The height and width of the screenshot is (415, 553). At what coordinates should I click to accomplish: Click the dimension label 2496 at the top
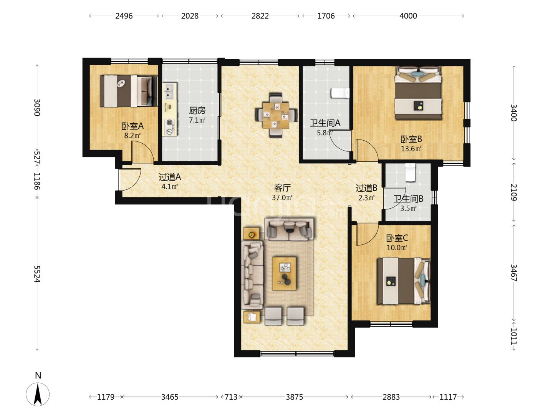pyautogui.click(x=124, y=16)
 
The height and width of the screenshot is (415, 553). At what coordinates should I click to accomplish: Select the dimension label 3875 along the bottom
pyautogui.click(x=294, y=397)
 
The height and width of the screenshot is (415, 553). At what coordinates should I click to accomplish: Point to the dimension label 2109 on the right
pyautogui.click(x=514, y=192)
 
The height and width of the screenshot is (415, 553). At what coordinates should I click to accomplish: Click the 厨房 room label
pyautogui.click(x=197, y=110)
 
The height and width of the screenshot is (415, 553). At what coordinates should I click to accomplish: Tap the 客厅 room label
pyautogui.click(x=282, y=188)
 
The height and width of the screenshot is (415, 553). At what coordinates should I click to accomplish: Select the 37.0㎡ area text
pyautogui.click(x=282, y=198)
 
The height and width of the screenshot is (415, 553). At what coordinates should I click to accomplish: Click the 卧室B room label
pyautogui.click(x=411, y=139)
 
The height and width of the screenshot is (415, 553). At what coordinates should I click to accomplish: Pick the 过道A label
pyautogui.click(x=170, y=177)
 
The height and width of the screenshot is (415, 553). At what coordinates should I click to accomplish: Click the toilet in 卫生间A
pyautogui.click(x=340, y=93)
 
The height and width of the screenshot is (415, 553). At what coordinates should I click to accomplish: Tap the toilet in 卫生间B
pyautogui.click(x=410, y=173)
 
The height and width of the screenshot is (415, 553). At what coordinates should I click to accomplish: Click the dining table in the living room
pyautogui.click(x=275, y=115)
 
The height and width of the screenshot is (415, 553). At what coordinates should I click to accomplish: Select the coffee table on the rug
pyautogui.click(x=284, y=273)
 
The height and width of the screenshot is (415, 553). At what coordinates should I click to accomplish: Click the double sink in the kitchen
pyautogui.click(x=169, y=91)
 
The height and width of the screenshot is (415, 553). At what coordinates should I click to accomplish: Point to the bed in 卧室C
pyautogui.click(x=403, y=281)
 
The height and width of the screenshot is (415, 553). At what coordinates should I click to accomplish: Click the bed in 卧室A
pyautogui.click(x=129, y=91)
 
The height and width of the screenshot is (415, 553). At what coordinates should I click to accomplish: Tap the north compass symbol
pyautogui.click(x=38, y=394)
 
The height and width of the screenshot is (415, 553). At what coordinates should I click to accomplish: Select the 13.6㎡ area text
pyautogui.click(x=411, y=149)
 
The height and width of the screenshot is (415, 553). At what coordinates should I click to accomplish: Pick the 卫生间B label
pyautogui.click(x=408, y=199)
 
